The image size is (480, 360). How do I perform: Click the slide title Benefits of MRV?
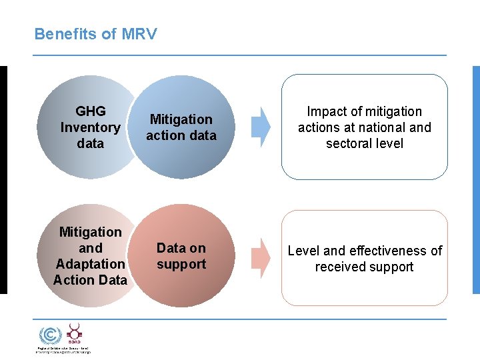(x=95, y=34)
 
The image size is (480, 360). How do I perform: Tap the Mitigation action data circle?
(x=182, y=127)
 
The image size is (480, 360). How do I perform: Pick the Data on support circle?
(x=182, y=257)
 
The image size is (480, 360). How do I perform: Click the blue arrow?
(x=261, y=127)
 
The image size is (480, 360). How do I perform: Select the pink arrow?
(x=261, y=257)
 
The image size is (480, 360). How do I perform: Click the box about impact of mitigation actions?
(x=364, y=127)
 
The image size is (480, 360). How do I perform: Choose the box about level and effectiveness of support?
(x=364, y=259)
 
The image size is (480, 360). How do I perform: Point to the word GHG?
(x=91, y=111)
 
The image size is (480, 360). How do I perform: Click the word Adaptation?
(x=90, y=264)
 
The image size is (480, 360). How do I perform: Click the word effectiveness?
(x=388, y=251)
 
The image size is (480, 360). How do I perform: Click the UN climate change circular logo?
(x=49, y=335)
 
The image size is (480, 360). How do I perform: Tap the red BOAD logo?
(x=74, y=333)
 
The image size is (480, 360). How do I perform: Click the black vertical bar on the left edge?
(x=3, y=180)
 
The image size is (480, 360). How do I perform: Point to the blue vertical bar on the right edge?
(x=476, y=180)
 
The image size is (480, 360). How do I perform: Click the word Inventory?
(x=90, y=127)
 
